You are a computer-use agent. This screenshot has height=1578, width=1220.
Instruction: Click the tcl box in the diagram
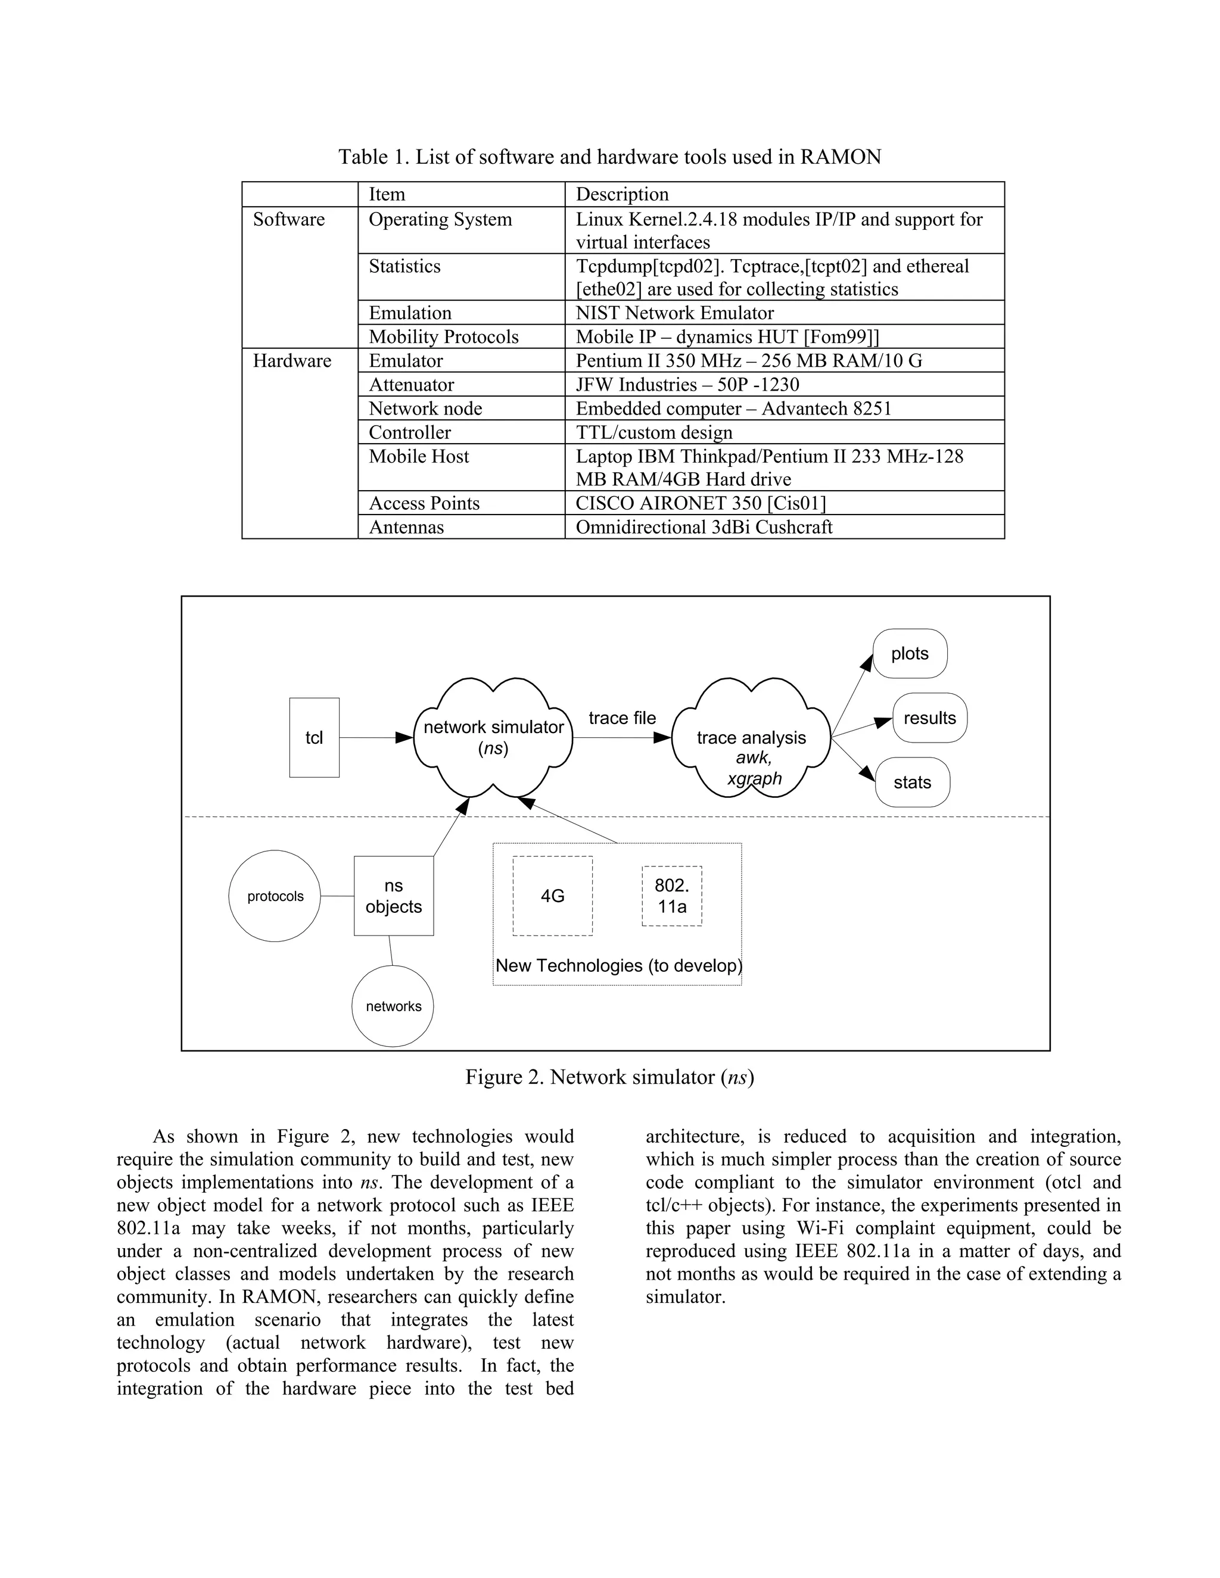coord(314,737)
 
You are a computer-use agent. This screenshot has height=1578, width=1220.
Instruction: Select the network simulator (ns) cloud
coord(493,737)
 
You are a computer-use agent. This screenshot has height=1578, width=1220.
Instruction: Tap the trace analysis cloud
coord(751,738)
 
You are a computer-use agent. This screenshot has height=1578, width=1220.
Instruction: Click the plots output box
coord(909,653)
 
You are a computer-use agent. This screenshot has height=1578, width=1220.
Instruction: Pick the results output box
coord(929,718)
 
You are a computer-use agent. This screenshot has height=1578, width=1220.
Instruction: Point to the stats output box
coord(912,782)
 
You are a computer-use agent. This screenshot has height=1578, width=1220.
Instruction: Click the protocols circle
coord(275,896)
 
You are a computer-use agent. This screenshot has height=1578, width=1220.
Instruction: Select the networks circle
coord(393,1006)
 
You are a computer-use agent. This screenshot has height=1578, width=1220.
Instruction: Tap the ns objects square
coord(393,896)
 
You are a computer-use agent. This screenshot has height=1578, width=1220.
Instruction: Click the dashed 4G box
coord(552,896)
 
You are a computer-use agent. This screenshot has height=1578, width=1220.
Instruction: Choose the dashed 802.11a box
coord(671,896)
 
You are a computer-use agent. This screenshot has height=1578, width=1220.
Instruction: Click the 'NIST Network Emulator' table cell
coord(674,313)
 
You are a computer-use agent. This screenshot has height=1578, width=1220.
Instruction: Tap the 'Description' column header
coord(621,194)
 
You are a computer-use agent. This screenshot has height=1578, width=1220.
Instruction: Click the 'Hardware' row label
coord(292,360)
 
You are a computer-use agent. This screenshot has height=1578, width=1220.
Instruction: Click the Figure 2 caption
coord(609,1077)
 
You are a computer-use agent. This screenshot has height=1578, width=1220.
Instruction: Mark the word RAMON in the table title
coord(840,157)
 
